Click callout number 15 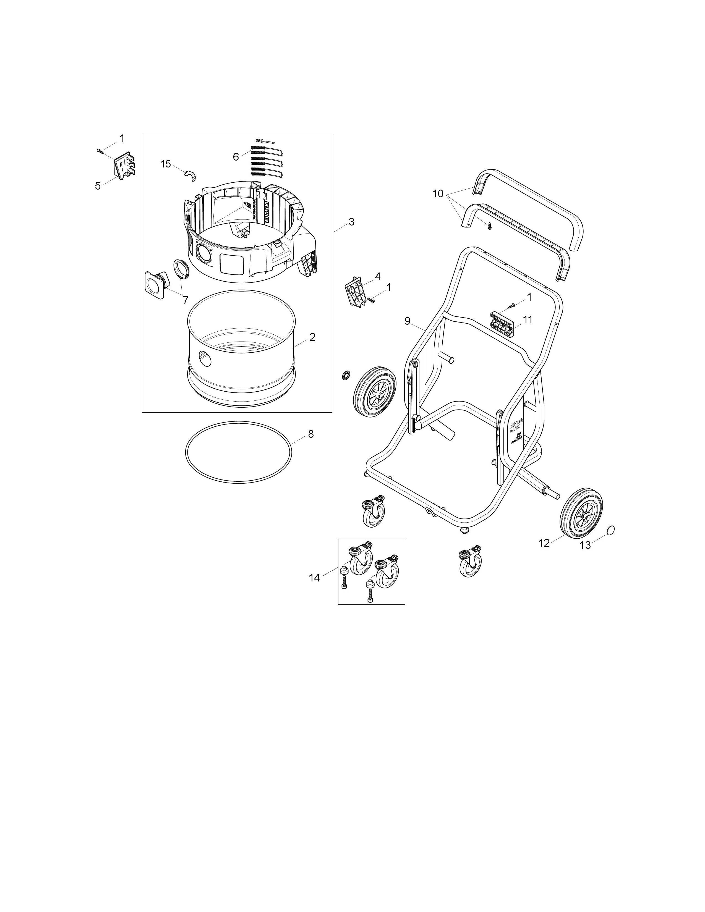pos(166,164)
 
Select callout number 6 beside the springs pos(236,157)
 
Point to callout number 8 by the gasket pos(311,434)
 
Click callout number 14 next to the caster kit pos(314,578)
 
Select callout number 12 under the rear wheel pos(544,543)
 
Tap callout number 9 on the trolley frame pos(407,321)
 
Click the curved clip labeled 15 pos(190,176)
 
